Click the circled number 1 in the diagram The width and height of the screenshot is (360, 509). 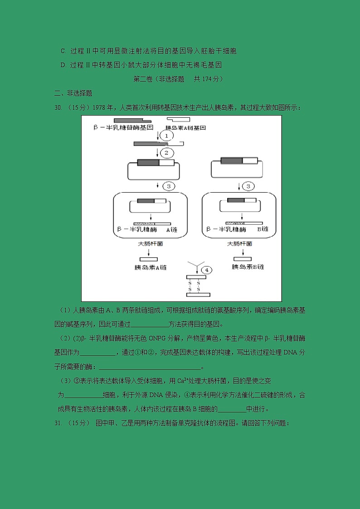click(167, 136)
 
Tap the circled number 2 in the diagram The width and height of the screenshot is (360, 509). click(166, 153)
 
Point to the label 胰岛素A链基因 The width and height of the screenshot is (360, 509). click(186, 128)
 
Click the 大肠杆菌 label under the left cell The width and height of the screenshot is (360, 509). click(150, 244)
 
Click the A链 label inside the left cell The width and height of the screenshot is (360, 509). click(172, 230)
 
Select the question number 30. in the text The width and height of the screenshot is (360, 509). click(58, 108)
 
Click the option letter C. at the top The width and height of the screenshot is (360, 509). click(63, 51)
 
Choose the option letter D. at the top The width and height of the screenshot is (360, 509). click(63, 65)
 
